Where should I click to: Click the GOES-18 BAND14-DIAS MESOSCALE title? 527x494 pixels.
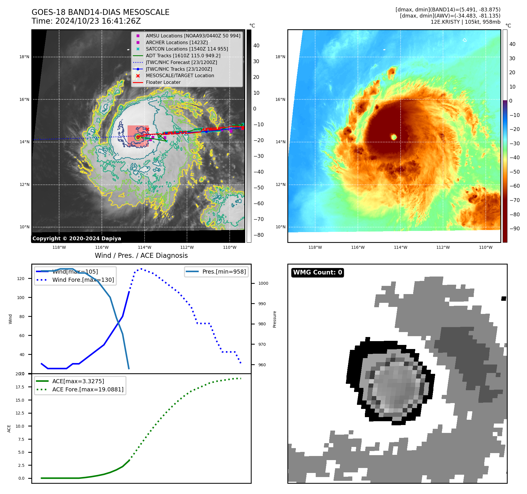click(100, 12)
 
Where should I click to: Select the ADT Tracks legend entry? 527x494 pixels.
click(183, 56)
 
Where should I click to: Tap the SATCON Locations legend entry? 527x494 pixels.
click(187, 49)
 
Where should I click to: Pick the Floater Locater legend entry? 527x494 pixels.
click(163, 82)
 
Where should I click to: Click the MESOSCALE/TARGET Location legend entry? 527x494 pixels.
click(180, 75)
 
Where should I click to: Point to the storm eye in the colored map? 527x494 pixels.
click(394, 137)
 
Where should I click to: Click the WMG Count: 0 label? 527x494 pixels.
click(317, 272)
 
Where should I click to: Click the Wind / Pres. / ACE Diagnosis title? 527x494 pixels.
click(141, 255)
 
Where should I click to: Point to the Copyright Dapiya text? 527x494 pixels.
click(77, 239)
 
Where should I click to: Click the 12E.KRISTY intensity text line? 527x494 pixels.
click(465, 22)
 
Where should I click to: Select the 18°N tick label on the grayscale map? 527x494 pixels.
click(24, 57)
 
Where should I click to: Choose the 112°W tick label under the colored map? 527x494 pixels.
click(443, 247)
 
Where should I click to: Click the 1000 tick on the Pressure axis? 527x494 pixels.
click(263, 283)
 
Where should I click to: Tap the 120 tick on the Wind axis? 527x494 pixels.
click(21, 279)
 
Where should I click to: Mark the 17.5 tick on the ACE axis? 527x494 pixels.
click(20, 387)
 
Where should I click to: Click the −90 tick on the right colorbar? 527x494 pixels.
click(514, 229)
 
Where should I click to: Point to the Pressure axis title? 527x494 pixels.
click(274, 319)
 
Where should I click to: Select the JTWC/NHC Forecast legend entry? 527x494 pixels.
click(181, 62)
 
